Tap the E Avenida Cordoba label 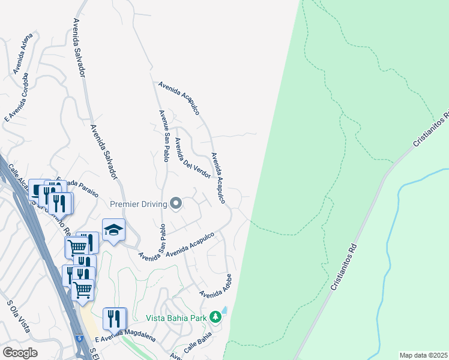coord(17,97)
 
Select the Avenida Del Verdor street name coord(191,158)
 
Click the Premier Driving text coord(138,205)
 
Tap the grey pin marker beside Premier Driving coord(176,205)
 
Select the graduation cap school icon coord(113,230)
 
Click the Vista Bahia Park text coord(176,317)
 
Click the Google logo coord(20,353)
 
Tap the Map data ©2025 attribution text coord(423,355)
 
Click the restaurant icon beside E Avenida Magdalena coord(113,319)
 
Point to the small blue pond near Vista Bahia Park coord(224,310)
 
